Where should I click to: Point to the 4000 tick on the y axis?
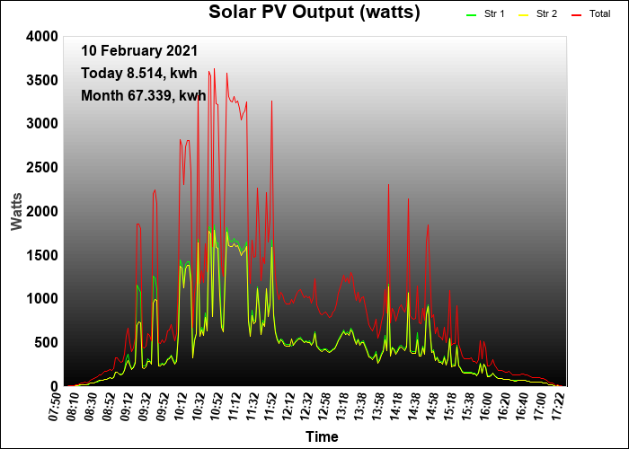pos(43,36)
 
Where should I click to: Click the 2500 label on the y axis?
pos(43,167)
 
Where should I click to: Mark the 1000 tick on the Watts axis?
pos(43,299)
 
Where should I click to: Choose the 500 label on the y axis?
pos(47,342)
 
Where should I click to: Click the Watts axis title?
pos(16,210)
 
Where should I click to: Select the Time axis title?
pos(322,437)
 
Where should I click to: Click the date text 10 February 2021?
pos(139,51)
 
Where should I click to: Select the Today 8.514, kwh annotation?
pos(138,74)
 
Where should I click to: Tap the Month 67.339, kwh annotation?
pos(143,95)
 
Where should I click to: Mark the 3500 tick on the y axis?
pos(43,80)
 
